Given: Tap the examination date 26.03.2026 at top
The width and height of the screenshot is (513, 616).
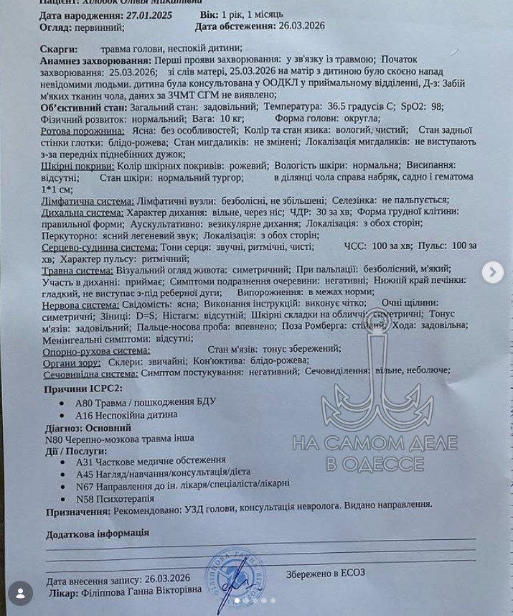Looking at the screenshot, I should pyautogui.click(x=301, y=27).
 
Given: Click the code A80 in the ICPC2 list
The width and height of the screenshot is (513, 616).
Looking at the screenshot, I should pyautogui.click(x=83, y=401).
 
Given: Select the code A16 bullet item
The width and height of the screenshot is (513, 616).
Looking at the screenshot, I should pyautogui.click(x=83, y=414).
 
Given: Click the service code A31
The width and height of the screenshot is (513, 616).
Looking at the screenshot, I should pyautogui.click(x=83, y=460).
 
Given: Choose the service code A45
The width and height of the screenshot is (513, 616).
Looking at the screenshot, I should pyautogui.click(x=83, y=473).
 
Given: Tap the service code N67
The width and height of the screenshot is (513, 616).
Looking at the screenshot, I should pyautogui.click(x=83, y=485).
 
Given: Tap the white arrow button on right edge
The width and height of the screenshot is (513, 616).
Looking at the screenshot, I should pyautogui.click(x=492, y=272).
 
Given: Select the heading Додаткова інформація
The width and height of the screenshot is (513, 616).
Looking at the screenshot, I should pyautogui.click(x=98, y=533).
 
